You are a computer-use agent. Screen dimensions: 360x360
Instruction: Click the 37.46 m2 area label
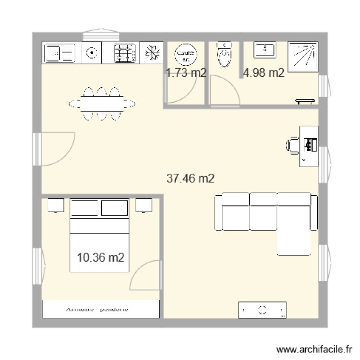click(x=190, y=179)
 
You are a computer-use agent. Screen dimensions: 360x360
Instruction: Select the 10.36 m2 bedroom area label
click(x=101, y=258)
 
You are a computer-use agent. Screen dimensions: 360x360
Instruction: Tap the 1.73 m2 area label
click(x=186, y=73)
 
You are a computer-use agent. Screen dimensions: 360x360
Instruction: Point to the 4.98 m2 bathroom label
click(x=264, y=73)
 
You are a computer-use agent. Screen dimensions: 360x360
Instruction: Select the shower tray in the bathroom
click(x=303, y=57)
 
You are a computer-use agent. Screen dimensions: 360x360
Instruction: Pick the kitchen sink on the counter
click(x=60, y=53)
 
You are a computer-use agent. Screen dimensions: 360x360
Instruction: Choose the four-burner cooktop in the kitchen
click(x=125, y=53)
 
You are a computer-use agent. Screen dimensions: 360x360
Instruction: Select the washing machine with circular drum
click(x=91, y=53)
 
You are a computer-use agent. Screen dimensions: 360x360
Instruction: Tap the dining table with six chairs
click(x=101, y=103)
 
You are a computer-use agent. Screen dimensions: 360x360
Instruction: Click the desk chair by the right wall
click(x=293, y=145)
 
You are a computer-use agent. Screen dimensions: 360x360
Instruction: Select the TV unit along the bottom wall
click(x=263, y=310)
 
